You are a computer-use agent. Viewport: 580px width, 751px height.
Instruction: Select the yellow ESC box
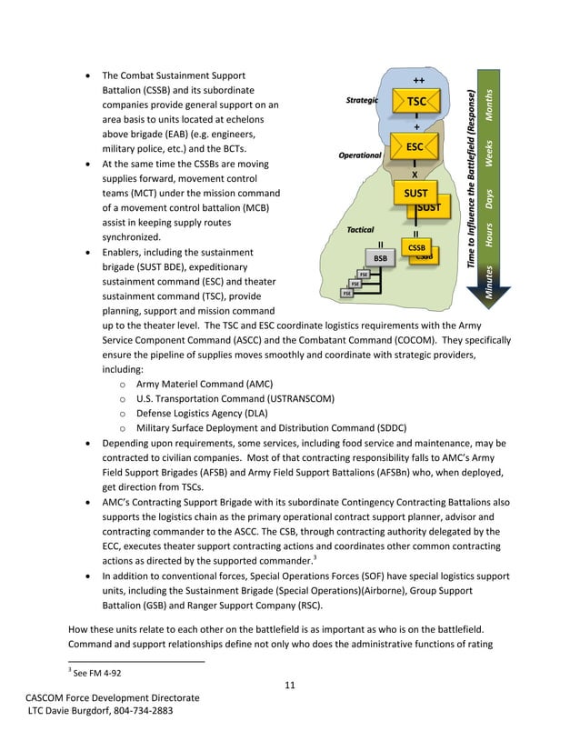tap(414, 146)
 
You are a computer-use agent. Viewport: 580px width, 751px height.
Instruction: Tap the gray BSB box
tap(380, 258)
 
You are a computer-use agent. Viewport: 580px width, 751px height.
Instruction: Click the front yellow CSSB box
tap(416, 247)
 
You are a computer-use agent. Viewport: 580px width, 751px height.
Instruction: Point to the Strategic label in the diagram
tap(362, 100)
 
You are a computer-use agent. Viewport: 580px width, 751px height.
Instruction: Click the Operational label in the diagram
tap(360, 155)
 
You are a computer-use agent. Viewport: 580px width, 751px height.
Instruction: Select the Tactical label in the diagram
tap(360, 230)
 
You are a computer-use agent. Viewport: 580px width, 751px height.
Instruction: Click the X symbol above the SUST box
tap(415, 175)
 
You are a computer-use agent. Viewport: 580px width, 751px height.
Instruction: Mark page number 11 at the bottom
tap(289, 684)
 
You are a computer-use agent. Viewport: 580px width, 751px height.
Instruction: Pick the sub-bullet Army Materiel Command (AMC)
tap(204, 384)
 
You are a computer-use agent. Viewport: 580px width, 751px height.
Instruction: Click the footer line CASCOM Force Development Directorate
tap(112, 696)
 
